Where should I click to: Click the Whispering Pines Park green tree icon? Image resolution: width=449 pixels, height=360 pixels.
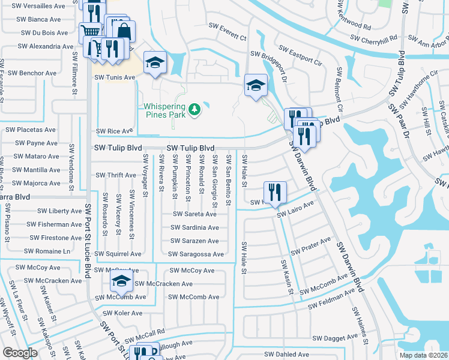click(x=194, y=109)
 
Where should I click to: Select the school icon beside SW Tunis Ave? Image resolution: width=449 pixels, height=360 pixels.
click(x=155, y=62)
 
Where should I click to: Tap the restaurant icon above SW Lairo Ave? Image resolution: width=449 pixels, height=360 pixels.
click(x=275, y=192)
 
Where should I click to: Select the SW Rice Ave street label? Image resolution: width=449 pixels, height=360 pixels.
click(x=114, y=131)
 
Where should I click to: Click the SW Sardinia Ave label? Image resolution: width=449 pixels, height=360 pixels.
click(x=194, y=227)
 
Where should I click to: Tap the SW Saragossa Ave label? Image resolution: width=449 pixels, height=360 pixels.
click(x=196, y=254)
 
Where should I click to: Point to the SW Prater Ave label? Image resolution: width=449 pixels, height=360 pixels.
click(x=310, y=245)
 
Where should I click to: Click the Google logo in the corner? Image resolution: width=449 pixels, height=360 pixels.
click(x=20, y=352)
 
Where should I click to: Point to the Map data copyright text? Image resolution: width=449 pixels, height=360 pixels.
click(x=424, y=353)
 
